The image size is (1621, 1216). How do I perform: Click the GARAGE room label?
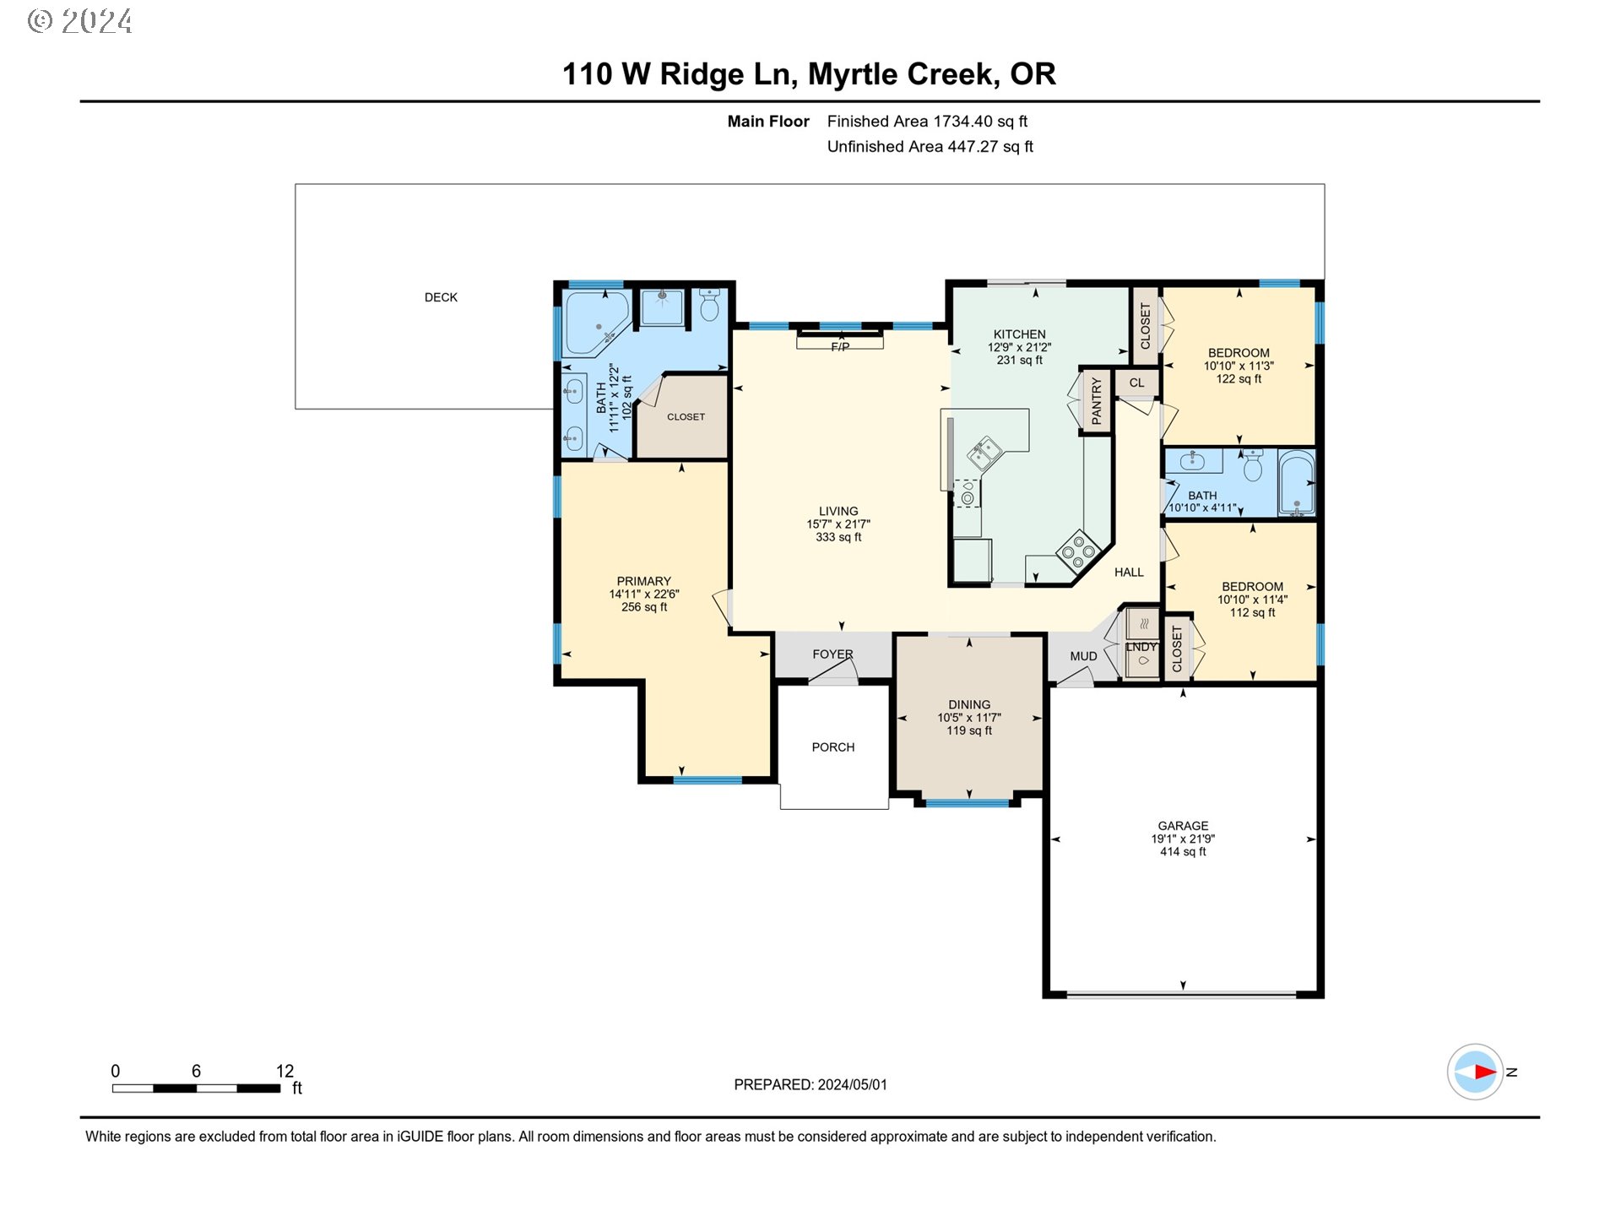pos(1182,825)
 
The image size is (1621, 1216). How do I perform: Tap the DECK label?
pos(441,297)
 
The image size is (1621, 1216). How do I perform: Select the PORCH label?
pos(832,747)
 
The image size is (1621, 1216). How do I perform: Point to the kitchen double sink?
pos(984,453)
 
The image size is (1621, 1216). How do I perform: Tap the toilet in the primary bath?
pos(709,306)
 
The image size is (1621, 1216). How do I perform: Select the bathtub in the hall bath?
pos(1296,483)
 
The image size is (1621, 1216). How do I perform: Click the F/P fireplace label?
pos(840,347)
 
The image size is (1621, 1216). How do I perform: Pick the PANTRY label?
pos(1096,401)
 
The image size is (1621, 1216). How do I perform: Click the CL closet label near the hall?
pos(1136,383)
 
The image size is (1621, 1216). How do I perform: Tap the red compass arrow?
pos(1483,1072)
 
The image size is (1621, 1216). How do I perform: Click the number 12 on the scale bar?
pos(285,1071)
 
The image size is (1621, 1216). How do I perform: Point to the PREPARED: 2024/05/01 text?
pos(810,1084)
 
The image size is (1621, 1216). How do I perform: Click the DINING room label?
pos(968,704)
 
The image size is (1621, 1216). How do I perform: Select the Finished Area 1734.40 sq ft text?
pos(926,122)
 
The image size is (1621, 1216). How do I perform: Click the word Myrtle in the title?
pos(854,74)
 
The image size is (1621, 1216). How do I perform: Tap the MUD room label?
pos(1083,656)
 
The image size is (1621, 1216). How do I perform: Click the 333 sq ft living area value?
pos(838,537)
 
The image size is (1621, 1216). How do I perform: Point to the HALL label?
pos(1128,573)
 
